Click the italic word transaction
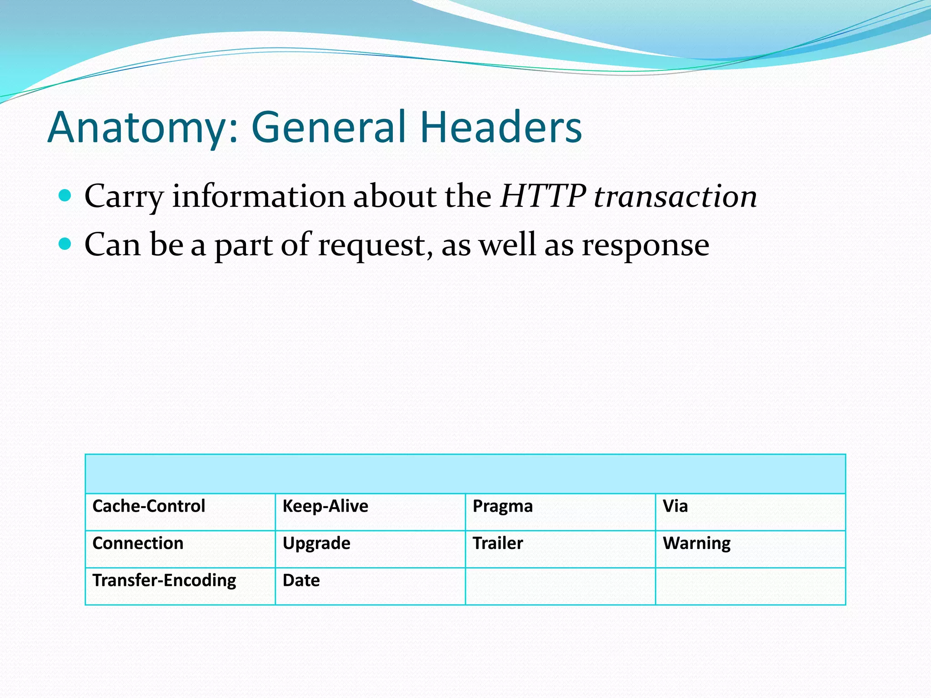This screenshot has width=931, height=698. [676, 196]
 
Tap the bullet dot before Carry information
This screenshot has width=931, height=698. [65, 196]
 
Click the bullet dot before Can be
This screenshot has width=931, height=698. [65, 244]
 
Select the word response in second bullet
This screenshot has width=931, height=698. [646, 245]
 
